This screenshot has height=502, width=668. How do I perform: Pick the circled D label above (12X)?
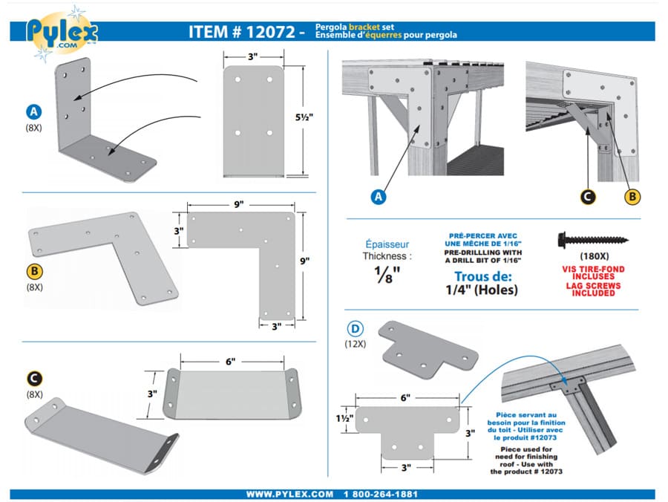click(x=356, y=328)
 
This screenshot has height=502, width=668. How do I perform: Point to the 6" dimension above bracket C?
click(x=231, y=361)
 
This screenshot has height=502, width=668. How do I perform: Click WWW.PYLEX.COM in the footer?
click(x=289, y=494)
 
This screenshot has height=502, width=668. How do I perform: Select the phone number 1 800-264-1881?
click(x=381, y=494)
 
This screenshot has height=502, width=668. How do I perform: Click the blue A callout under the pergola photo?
click(x=379, y=197)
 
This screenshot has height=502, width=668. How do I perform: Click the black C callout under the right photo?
click(x=587, y=197)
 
